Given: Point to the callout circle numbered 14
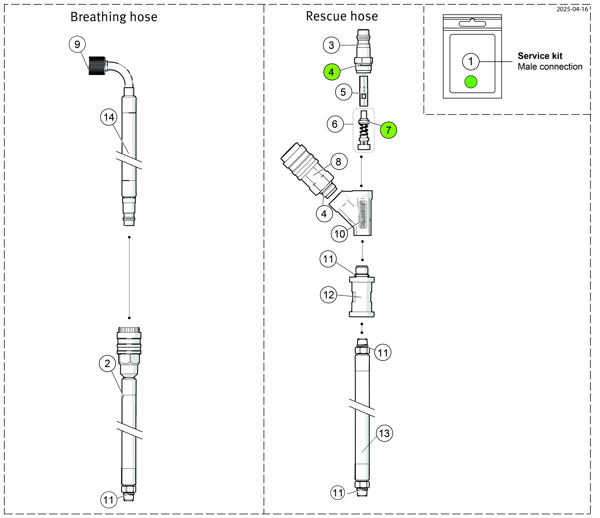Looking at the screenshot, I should coord(109,117).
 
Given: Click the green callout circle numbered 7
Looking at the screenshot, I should coord(389,130).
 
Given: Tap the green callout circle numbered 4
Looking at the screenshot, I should coord(332,72).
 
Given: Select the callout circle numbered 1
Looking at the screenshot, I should coord(471,61).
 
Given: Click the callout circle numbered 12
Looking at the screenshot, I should coord(329,295).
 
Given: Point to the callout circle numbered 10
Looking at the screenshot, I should coord(340,234).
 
